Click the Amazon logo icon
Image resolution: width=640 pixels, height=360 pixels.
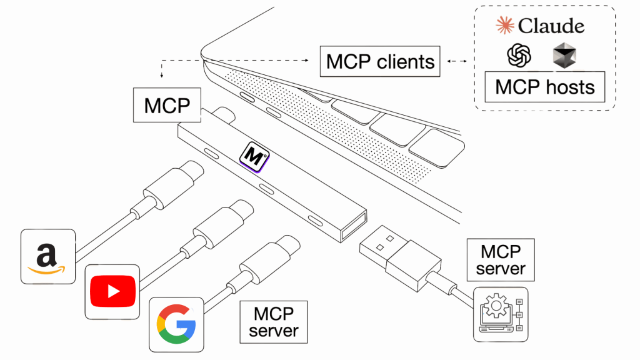(48, 256)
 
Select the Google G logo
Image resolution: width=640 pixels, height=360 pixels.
(176, 324)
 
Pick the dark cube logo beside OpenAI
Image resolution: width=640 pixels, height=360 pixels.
(564, 56)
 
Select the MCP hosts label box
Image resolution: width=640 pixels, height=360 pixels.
(544, 87)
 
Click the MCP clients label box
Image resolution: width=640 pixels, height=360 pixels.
(381, 62)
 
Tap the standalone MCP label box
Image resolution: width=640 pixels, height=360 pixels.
(167, 105)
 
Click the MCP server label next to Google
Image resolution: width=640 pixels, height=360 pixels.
(274, 321)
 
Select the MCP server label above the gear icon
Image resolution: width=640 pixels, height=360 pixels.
(501, 260)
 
